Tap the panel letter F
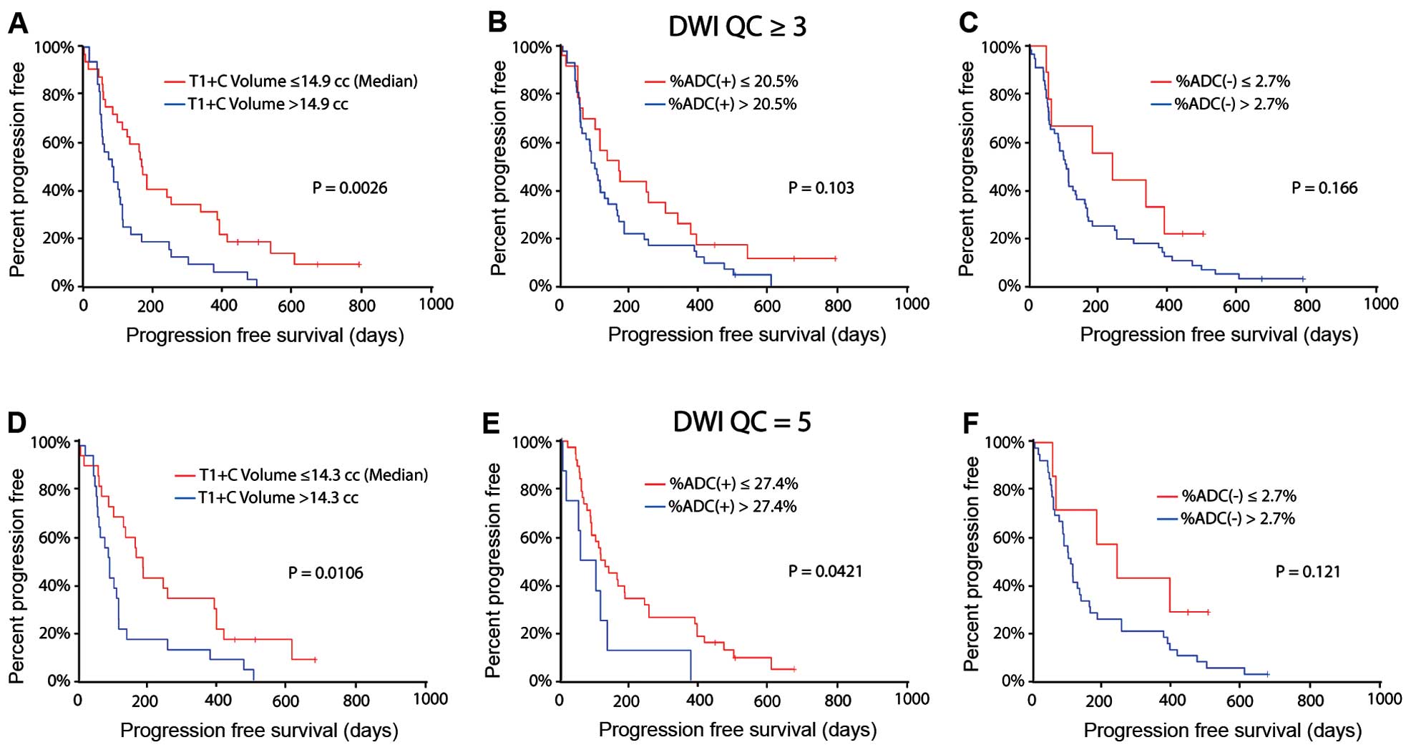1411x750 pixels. [x=970, y=424]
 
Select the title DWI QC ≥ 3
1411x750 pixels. [x=737, y=27]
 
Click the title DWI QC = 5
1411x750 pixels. [x=742, y=422]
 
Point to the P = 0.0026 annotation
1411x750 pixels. [x=350, y=188]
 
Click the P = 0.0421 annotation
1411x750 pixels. [x=825, y=571]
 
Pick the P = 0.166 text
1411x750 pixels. [x=1324, y=188]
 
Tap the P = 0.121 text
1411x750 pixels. [x=1308, y=571]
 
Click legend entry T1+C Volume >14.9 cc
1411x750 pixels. [x=268, y=104]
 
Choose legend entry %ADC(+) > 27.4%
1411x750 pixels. [x=732, y=507]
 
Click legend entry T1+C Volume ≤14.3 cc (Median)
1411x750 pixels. [x=313, y=475]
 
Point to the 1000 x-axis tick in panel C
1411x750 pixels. [x=1380, y=304]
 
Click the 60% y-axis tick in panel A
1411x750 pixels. [x=57, y=142]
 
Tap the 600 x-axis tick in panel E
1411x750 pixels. [x=767, y=700]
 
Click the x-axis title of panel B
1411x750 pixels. [x=746, y=335]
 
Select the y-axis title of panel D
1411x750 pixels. [x=17, y=575]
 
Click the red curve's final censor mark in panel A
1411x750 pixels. [x=359, y=265]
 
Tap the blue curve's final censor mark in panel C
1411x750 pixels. [x=1303, y=279]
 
